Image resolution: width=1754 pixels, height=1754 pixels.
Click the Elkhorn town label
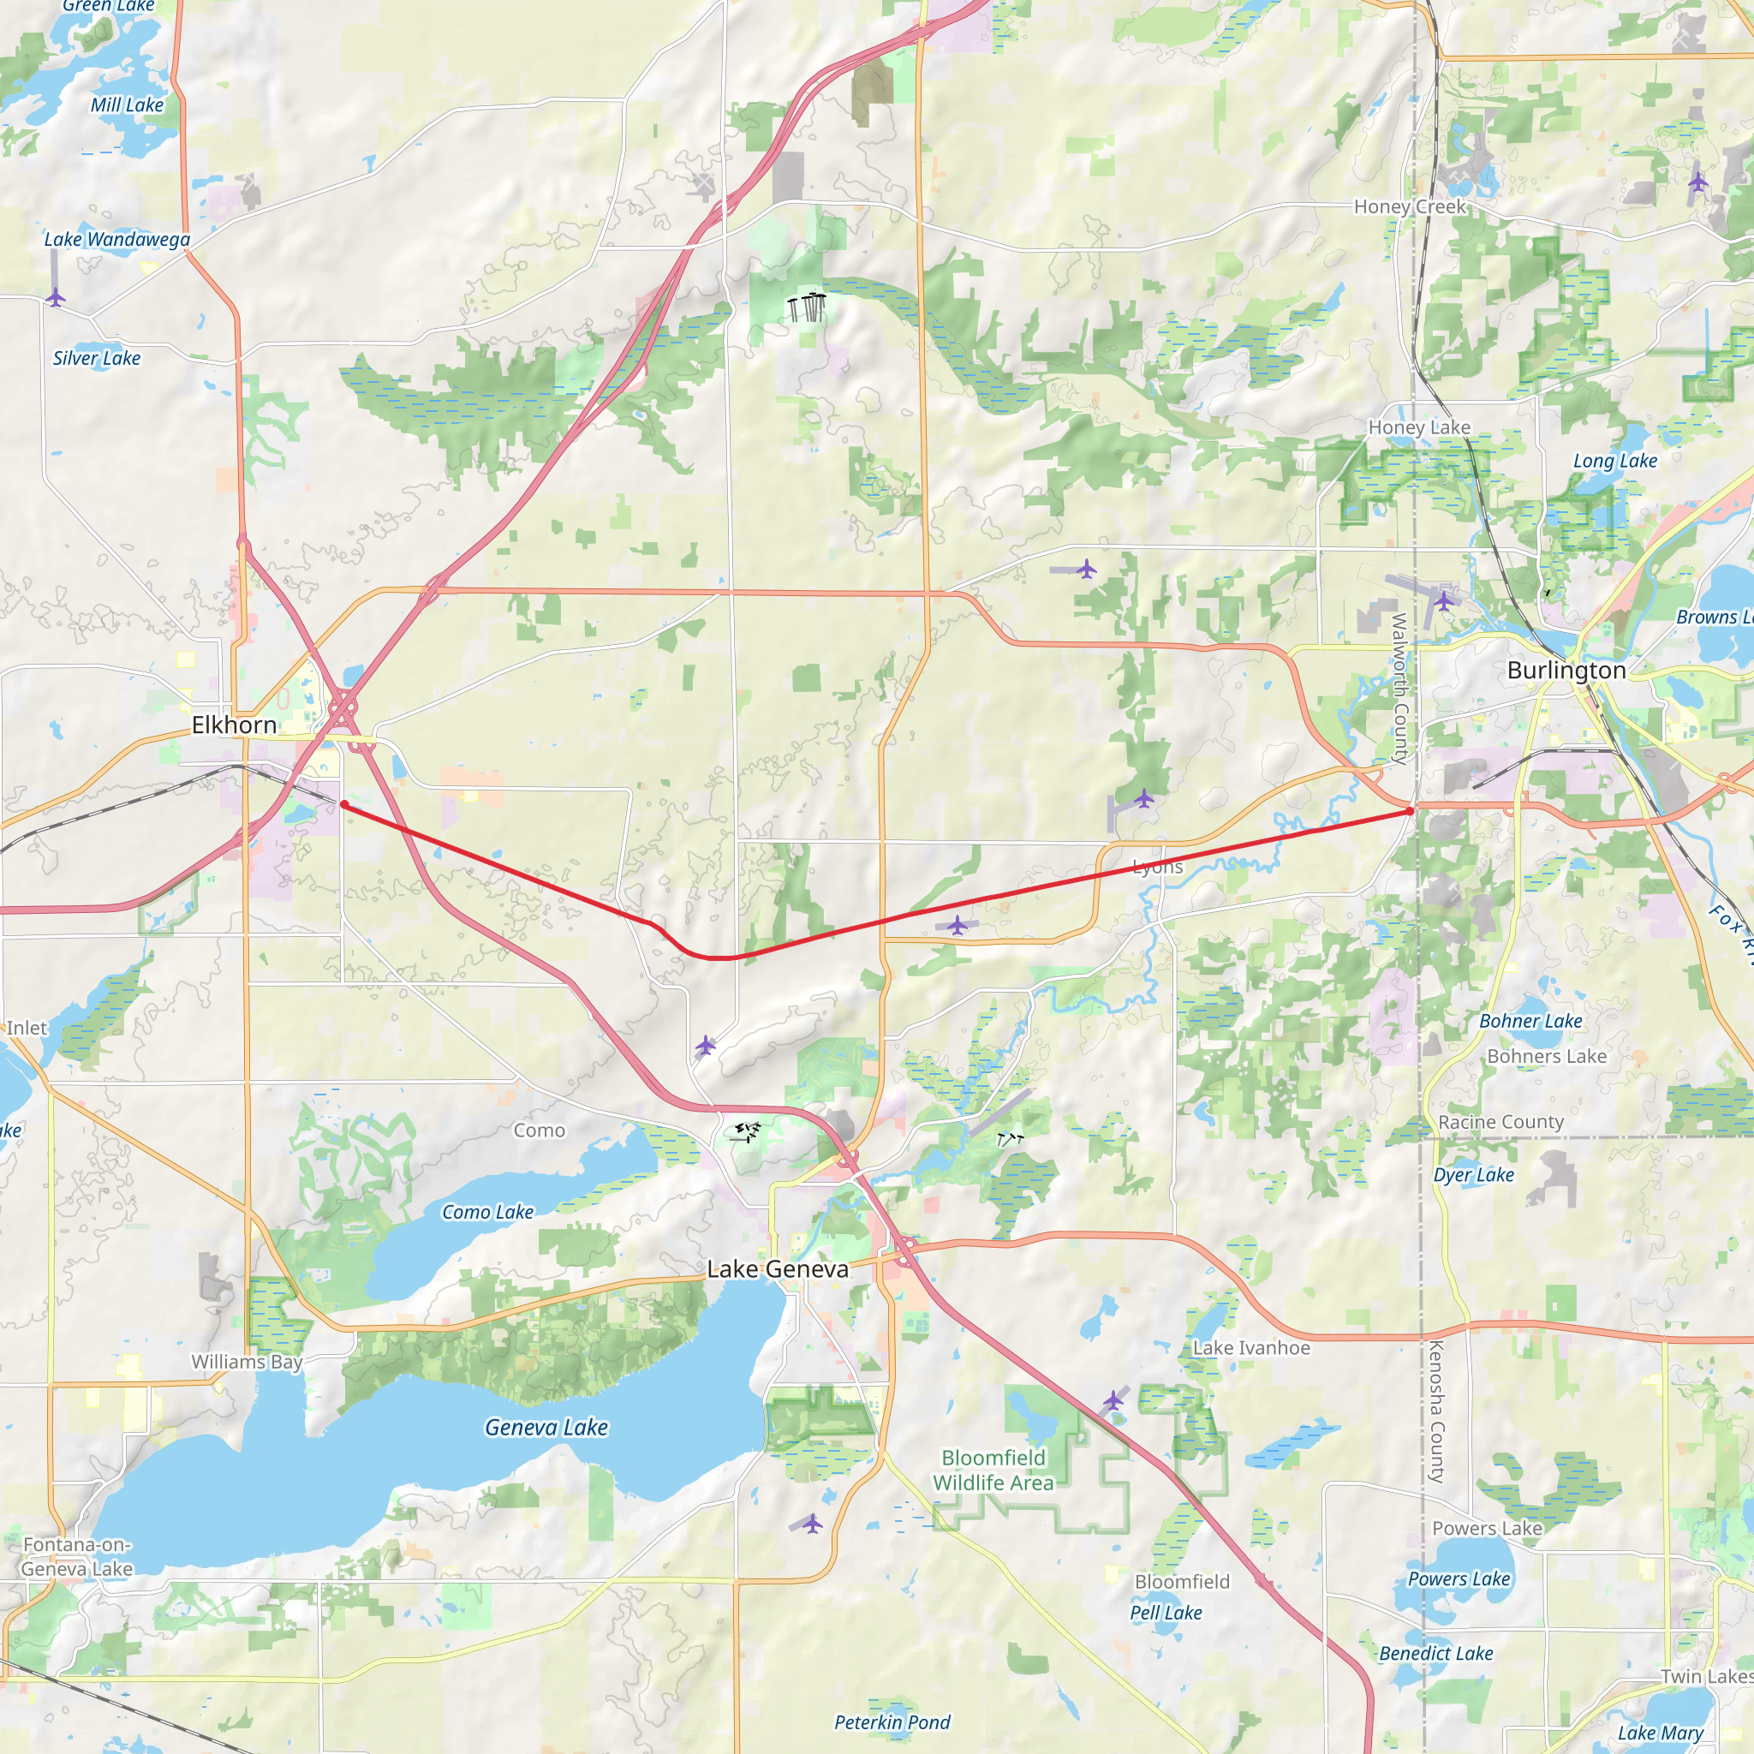click(x=234, y=725)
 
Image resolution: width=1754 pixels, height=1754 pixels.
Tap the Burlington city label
click(x=1566, y=670)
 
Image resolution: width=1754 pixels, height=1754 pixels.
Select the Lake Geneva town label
click(x=778, y=1268)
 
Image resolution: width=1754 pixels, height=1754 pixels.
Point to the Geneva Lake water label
click(x=546, y=1427)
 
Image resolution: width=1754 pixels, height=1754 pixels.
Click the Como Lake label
click(x=487, y=1212)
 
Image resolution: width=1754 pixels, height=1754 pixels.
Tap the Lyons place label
click(x=1158, y=867)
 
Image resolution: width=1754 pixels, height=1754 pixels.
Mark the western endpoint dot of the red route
click(x=344, y=804)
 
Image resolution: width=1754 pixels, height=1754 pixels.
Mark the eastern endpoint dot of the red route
click(x=1410, y=811)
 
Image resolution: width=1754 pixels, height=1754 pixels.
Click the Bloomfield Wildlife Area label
click(x=993, y=1470)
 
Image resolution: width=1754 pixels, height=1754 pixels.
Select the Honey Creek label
click(x=1409, y=206)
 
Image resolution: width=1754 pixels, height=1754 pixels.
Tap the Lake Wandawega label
click(x=117, y=239)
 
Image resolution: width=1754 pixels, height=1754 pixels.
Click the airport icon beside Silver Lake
click(x=56, y=297)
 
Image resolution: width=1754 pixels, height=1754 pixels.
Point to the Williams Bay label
click(x=246, y=1361)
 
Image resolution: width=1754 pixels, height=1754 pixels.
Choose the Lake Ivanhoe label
click(x=1251, y=1347)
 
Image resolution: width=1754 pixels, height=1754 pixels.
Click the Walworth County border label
click(x=1399, y=689)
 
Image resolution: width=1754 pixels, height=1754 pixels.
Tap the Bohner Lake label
click(x=1530, y=1020)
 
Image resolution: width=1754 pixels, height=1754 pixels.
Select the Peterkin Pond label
click(x=892, y=1722)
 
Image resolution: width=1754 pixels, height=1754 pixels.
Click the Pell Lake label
click(x=1166, y=1613)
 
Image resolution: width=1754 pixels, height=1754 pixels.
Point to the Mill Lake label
click(x=127, y=104)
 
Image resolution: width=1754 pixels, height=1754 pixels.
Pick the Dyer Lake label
click(x=1473, y=1175)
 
